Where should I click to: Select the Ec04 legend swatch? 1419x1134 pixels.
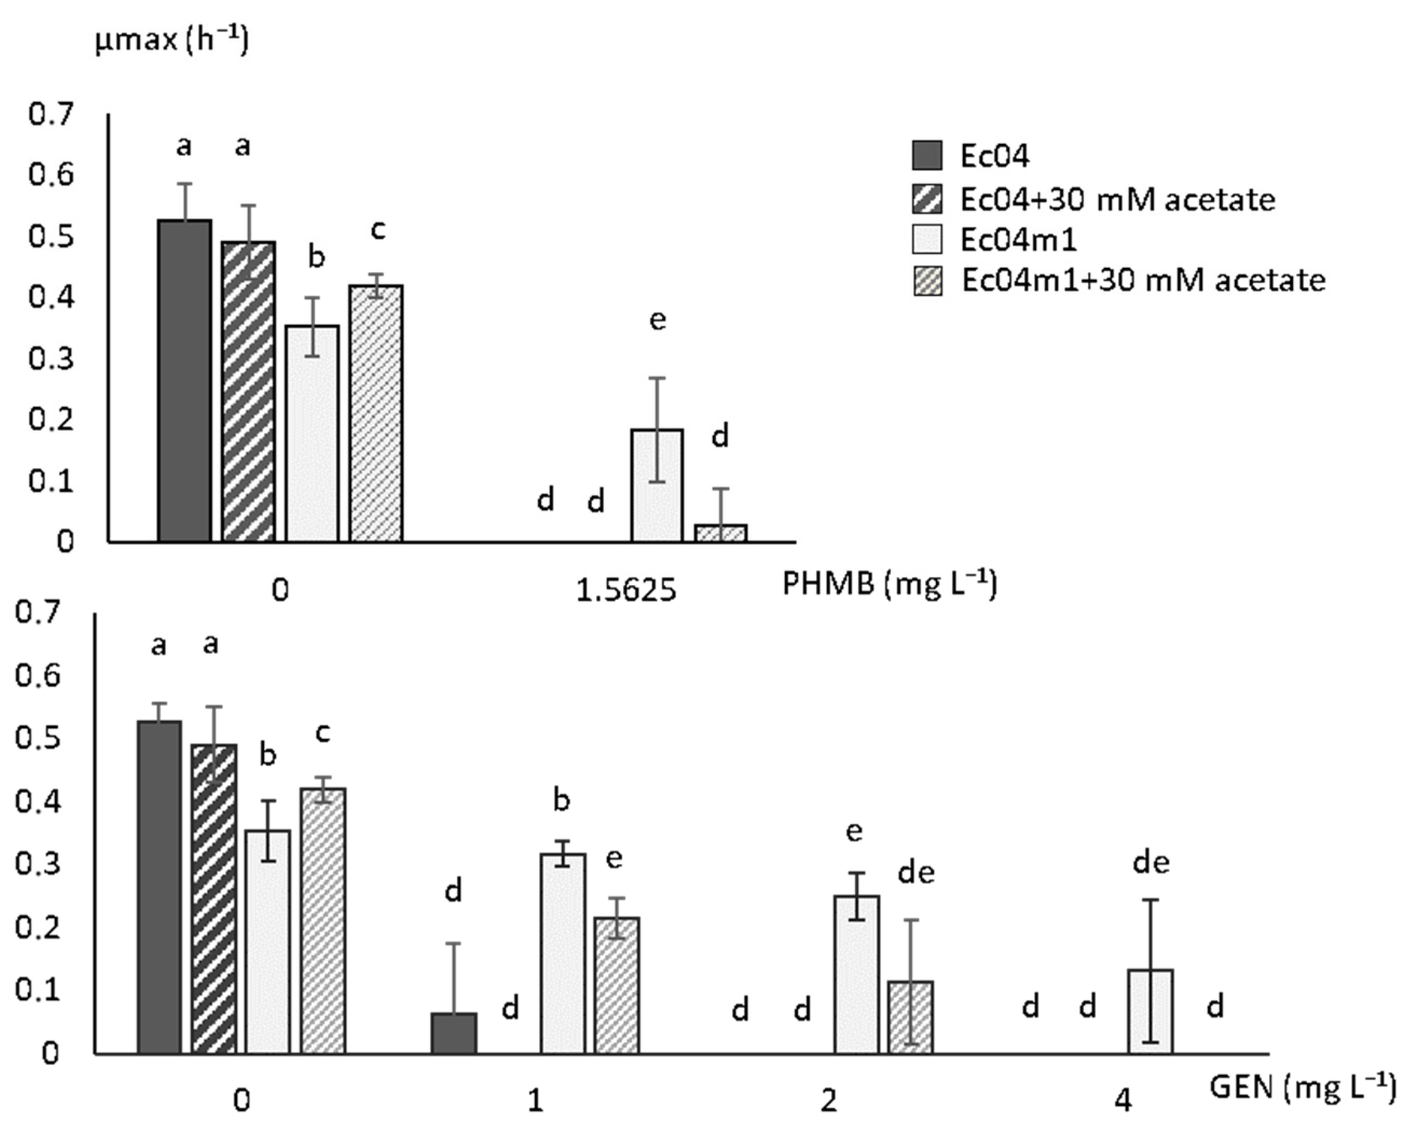(927, 156)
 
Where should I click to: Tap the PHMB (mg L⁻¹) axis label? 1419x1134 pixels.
(889, 583)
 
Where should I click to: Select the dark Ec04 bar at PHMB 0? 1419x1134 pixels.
(184, 381)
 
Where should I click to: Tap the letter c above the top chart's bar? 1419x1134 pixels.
(378, 230)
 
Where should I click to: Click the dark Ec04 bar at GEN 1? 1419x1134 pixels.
(454, 1033)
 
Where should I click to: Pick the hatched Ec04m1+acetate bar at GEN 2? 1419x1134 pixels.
(911, 1018)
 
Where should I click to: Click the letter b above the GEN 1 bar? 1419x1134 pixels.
(561, 801)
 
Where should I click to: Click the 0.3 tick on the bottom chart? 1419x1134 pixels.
(38, 864)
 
